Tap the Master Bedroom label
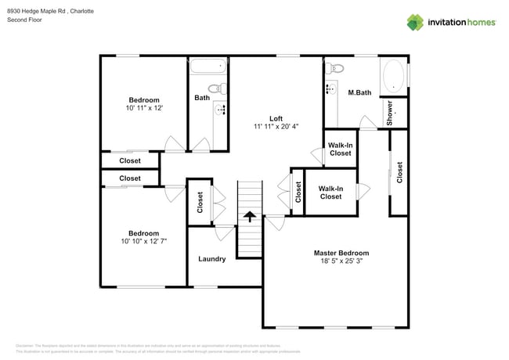(341, 253)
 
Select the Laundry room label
(211, 259)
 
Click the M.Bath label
(359, 93)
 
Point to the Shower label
(390, 113)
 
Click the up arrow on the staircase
(249, 216)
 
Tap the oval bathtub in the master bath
(393, 77)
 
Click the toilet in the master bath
(333, 68)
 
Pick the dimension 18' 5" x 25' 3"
(341, 262)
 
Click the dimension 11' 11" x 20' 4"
(275, 127)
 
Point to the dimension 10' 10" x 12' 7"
(143, 242)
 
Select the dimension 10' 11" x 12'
(143, 109)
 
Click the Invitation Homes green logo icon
(414, 22)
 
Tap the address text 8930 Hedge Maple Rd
(37, 11)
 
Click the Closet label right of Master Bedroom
(399, 172)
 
